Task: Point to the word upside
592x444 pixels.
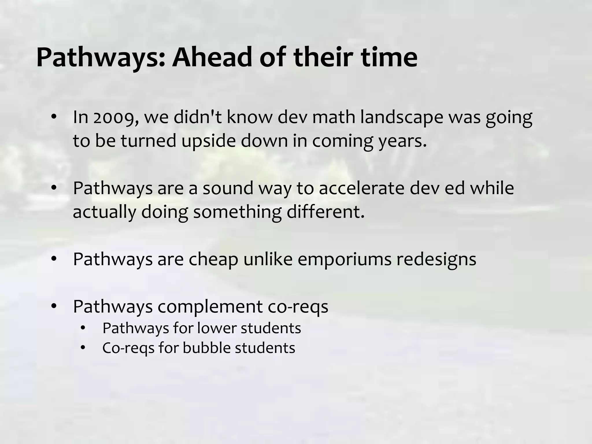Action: (x=208, y=141)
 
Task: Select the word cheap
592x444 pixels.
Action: (x=213, y=259)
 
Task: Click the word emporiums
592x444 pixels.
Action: (x=344, y=259)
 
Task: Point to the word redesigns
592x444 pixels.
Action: (x=436, y=259)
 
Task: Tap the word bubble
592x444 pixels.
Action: (x=206, y=348)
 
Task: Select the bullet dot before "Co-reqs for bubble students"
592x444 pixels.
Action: (x=83, y=348)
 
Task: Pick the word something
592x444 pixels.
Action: (x=237, y=212)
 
